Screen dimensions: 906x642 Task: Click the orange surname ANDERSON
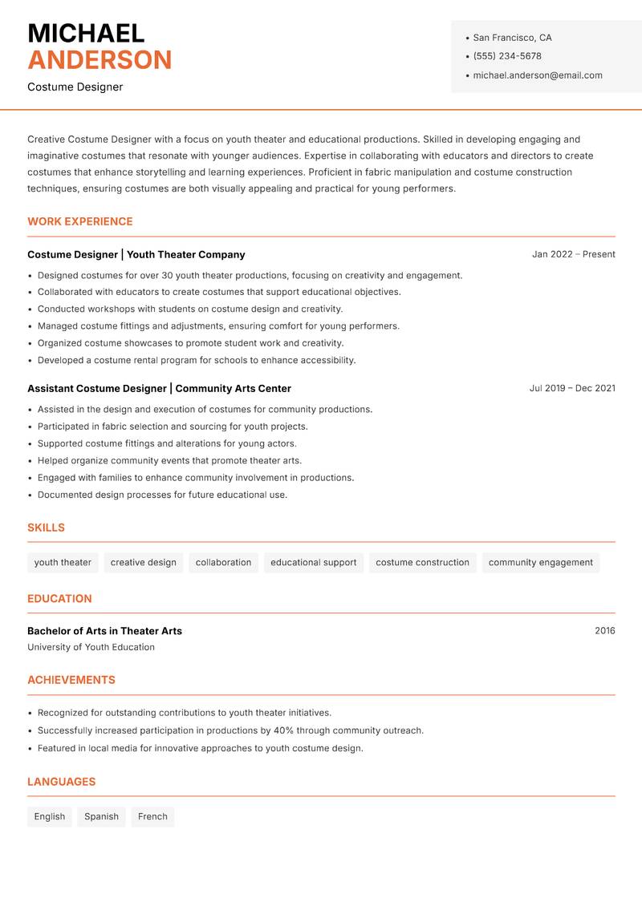point(100,60)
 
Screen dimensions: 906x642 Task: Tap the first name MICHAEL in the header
point(86,33)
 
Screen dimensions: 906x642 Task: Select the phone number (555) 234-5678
point(507,56)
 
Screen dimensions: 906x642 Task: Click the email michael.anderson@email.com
point(538,75)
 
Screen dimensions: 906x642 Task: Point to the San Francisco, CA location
point(512,38)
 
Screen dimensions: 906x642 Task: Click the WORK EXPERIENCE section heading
point(80,221)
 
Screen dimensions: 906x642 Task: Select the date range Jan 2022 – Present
point(573,254)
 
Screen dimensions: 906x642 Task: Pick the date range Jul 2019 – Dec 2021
point(572,388)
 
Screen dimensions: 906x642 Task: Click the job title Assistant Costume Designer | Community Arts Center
point(159,388)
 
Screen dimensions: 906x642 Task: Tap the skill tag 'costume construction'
point(422,563)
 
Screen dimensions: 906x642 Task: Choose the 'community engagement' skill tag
point(540,563)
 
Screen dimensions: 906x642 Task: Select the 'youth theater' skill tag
point(63,563)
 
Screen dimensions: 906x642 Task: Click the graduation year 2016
point(604,631)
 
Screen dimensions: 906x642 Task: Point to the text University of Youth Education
point(91,647)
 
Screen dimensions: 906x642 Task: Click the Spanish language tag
point(101,817)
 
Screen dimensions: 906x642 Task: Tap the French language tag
point(152,817)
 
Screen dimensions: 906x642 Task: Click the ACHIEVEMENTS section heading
point(71,680)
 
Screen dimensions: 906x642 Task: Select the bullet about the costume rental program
point(197,360)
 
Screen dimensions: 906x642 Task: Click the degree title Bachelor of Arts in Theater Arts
point(104,631)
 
